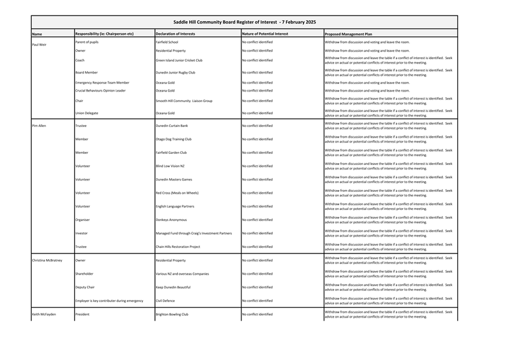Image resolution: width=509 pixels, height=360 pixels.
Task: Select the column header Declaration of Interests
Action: (x=177, y=34)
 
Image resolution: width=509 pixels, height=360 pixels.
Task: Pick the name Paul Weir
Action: (x=39, y=45)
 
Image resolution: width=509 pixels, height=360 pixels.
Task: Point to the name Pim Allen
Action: (x=39, y=125)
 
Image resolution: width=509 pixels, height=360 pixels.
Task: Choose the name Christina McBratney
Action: (x=47, y=260)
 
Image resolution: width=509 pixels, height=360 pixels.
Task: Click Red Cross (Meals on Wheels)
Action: (x=178, y=193)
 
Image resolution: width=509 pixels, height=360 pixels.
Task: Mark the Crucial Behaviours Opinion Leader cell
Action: (x=100, y=90)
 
